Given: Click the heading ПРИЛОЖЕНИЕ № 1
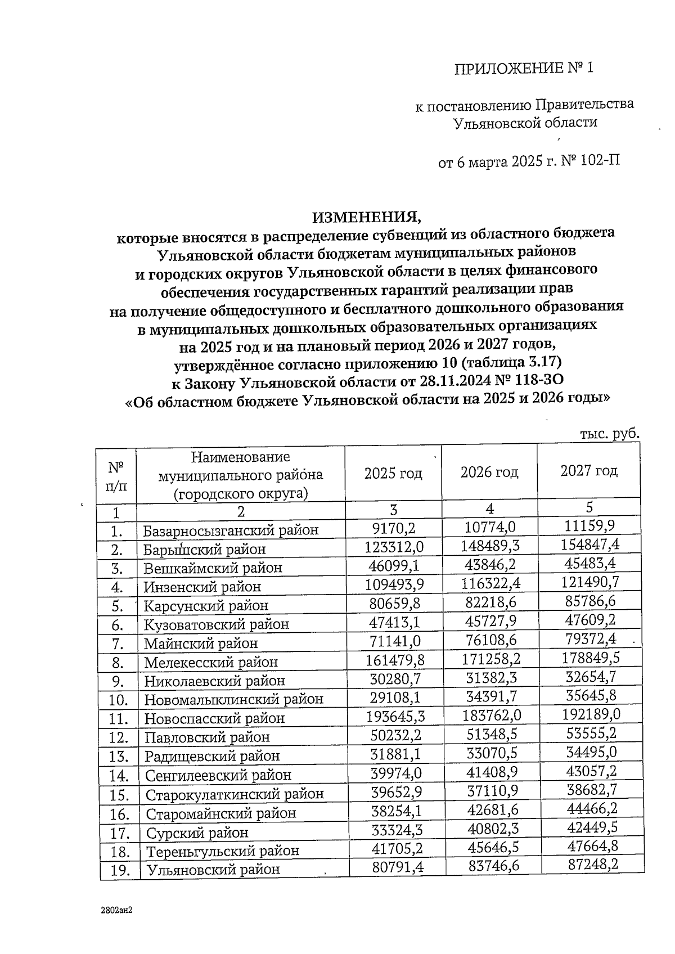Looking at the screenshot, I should tap(523, 69).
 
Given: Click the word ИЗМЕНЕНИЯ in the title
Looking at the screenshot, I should tap(367, 217).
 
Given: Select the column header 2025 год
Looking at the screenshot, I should tap(393, 474).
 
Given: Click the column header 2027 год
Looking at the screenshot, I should tap(588, 471).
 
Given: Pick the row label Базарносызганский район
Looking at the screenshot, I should tap(231, 530).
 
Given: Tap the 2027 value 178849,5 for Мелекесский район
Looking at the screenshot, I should tap(590, 657).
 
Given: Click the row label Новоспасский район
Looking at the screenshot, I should tap(214, 718).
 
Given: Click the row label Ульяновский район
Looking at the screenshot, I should tap(213, 870).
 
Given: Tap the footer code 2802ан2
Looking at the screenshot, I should tap(116, 909).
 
